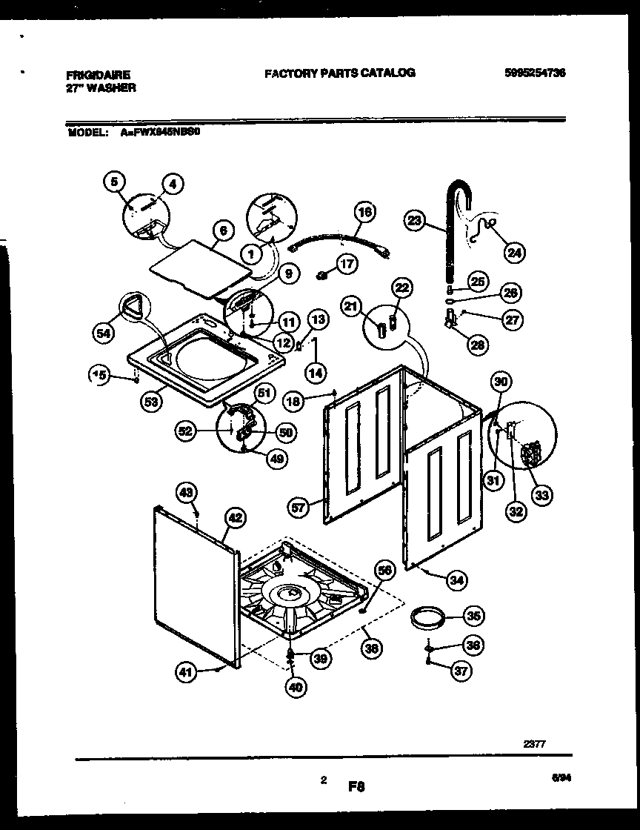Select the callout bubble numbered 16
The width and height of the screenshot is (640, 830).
pos(363,212)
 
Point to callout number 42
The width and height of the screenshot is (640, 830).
pos(235,519)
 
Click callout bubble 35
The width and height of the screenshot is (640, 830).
pos(473,615)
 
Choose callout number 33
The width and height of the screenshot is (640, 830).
pos(542,495)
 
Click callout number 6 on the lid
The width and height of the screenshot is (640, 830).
pos(221,230)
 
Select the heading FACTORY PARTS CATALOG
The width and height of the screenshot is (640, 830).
pos(339,73)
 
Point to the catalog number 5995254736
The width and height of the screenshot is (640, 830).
pos(534,73)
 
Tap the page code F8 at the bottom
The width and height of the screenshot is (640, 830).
pos(358,784)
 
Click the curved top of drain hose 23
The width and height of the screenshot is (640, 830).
pos(461,191)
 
